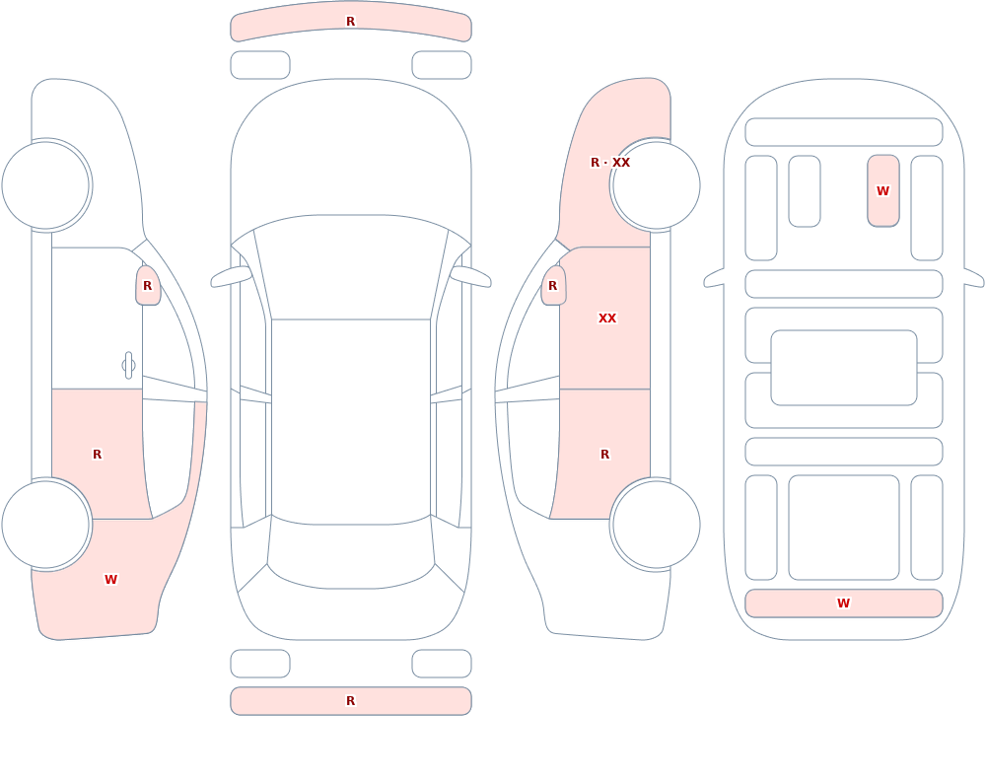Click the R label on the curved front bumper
pyautogui.click(x=350, y=22)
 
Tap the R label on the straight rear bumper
pyautogui.click(x=350, y=701)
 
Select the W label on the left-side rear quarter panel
pyautogui.click(x=110, y=580)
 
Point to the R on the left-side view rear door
pyautogui.click(x=97, y=455)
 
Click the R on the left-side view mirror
pyautogui.click(x=147, y=286)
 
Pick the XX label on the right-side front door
pyautogui.click(x=606, y=319)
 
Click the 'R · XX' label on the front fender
pyautogui.click(x=610, y=163)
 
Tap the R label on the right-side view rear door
pyautogui.click(x=604, y=455)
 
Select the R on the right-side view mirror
pyautogui.click(x=552, y=286)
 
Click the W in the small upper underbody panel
pyautogui.click(x=882, y=190)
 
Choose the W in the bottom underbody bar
pyautogui.click(x=843, y=604)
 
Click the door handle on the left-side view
pyautogui.click(x=128, y=366)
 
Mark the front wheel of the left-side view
pyautogui.click(x=45, y=185)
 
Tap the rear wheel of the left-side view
pyautogui.click(x=45, y=525)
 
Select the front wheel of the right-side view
pyautogui.click(x=656, y=185)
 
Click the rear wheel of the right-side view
pyautogui.click(x=656, y=525)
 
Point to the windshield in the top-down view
pyautogui.click(x=351, y=267)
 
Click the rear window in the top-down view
pyautogui.click(x=351, y=552)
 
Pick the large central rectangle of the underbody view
pyautogui.click(x=843, y=368)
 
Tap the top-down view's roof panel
pyautogui.click(x=351, y=418)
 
